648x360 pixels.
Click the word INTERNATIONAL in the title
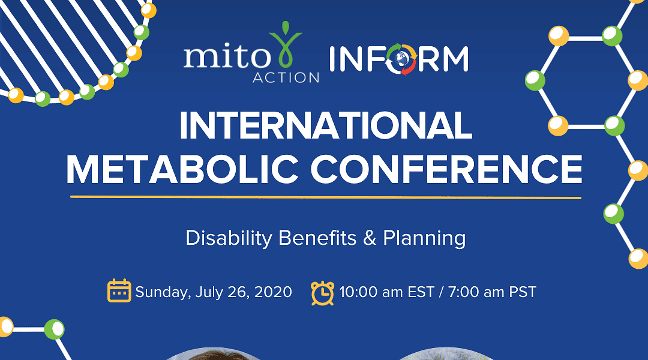[x=326, y=125]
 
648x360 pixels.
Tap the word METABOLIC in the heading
[x=182, y=169]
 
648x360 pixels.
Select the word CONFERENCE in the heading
[x=446, y=169]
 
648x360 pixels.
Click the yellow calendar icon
[x=119, y=290]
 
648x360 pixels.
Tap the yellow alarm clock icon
[x=322, y=293]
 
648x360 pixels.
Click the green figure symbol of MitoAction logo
[x=285, y=44]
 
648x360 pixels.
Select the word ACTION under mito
[x=286, y=77]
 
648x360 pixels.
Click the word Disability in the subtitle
[x=229, y=238]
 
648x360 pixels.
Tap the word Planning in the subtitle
[x=424, y=238]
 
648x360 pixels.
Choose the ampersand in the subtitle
[x=370, y=238]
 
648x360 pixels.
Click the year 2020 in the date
[x=273, y=292]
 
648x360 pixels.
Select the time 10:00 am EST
[x=386, y=292]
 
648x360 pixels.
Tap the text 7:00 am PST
[x=492, y=292]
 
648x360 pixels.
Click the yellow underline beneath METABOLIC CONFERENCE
[x=326, y=197]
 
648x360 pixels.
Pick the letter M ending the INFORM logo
[x=455, y=59]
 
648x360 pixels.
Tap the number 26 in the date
[x=238, y=292]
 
